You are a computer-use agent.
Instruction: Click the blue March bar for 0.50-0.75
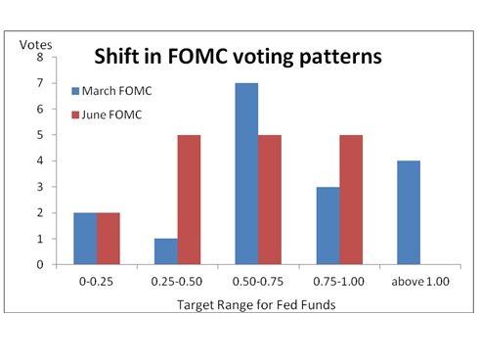point(246,173)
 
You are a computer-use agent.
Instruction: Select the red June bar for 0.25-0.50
point(189,200)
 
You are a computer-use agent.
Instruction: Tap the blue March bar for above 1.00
point(409,212)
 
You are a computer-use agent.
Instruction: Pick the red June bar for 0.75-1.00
point(351,200)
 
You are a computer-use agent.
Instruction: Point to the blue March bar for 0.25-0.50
point(166,251)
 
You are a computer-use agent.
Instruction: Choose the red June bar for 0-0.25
point(109,239)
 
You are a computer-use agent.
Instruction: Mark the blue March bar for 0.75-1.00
point(328,226)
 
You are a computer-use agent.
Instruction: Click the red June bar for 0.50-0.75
point(270,200)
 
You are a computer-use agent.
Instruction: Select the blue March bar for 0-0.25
point(85,239)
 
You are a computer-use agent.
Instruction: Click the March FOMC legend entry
point(111,91)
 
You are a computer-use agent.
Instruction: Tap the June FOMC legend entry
point(107,114)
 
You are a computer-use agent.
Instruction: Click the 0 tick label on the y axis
point(40,264)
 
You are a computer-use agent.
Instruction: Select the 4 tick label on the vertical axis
point(40,160)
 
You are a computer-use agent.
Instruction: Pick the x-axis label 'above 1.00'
point(420,282)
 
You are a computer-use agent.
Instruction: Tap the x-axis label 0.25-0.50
point(177,282)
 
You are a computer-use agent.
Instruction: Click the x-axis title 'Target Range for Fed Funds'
point(256,305)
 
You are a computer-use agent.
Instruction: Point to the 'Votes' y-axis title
point(35,45)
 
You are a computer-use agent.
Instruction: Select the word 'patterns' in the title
point(340,57)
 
